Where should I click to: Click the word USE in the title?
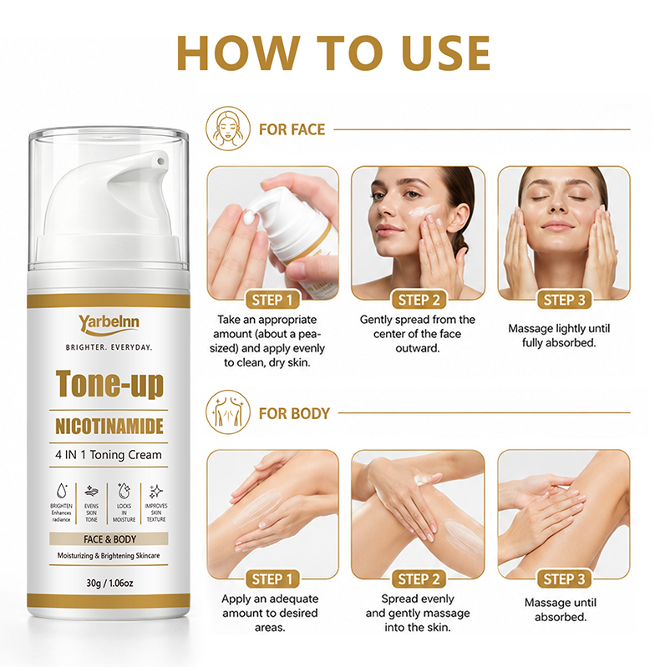(x=446, y=53)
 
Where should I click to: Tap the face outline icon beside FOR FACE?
(x=228, y=129)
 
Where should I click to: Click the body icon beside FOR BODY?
(x=228, y=412)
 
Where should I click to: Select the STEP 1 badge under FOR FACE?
(x=272, y=300)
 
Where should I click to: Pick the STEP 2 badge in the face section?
(x=419, y=300)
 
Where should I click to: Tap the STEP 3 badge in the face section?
(x=564, y=300)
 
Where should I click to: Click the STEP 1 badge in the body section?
(x=272, y=579)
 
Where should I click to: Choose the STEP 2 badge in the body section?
(x=419, y=579)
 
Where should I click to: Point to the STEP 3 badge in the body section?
(x=564, y=579)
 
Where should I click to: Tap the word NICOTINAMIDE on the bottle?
(x=109, y=427)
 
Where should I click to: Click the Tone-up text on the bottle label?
(x=109, y=384)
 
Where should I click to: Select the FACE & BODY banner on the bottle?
(x=109, y=539)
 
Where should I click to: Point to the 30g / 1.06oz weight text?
(x=109, y=583)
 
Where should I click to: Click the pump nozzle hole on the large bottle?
(x=160, y=161)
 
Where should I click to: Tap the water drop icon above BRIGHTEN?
(x=62, y=491)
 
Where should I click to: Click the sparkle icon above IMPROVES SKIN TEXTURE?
(x=156, y=491)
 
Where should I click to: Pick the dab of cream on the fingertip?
(x=248, y=218)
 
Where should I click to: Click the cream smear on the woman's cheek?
(x=423, y=211)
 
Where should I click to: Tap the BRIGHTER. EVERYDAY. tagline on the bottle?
(x=109, y=347)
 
